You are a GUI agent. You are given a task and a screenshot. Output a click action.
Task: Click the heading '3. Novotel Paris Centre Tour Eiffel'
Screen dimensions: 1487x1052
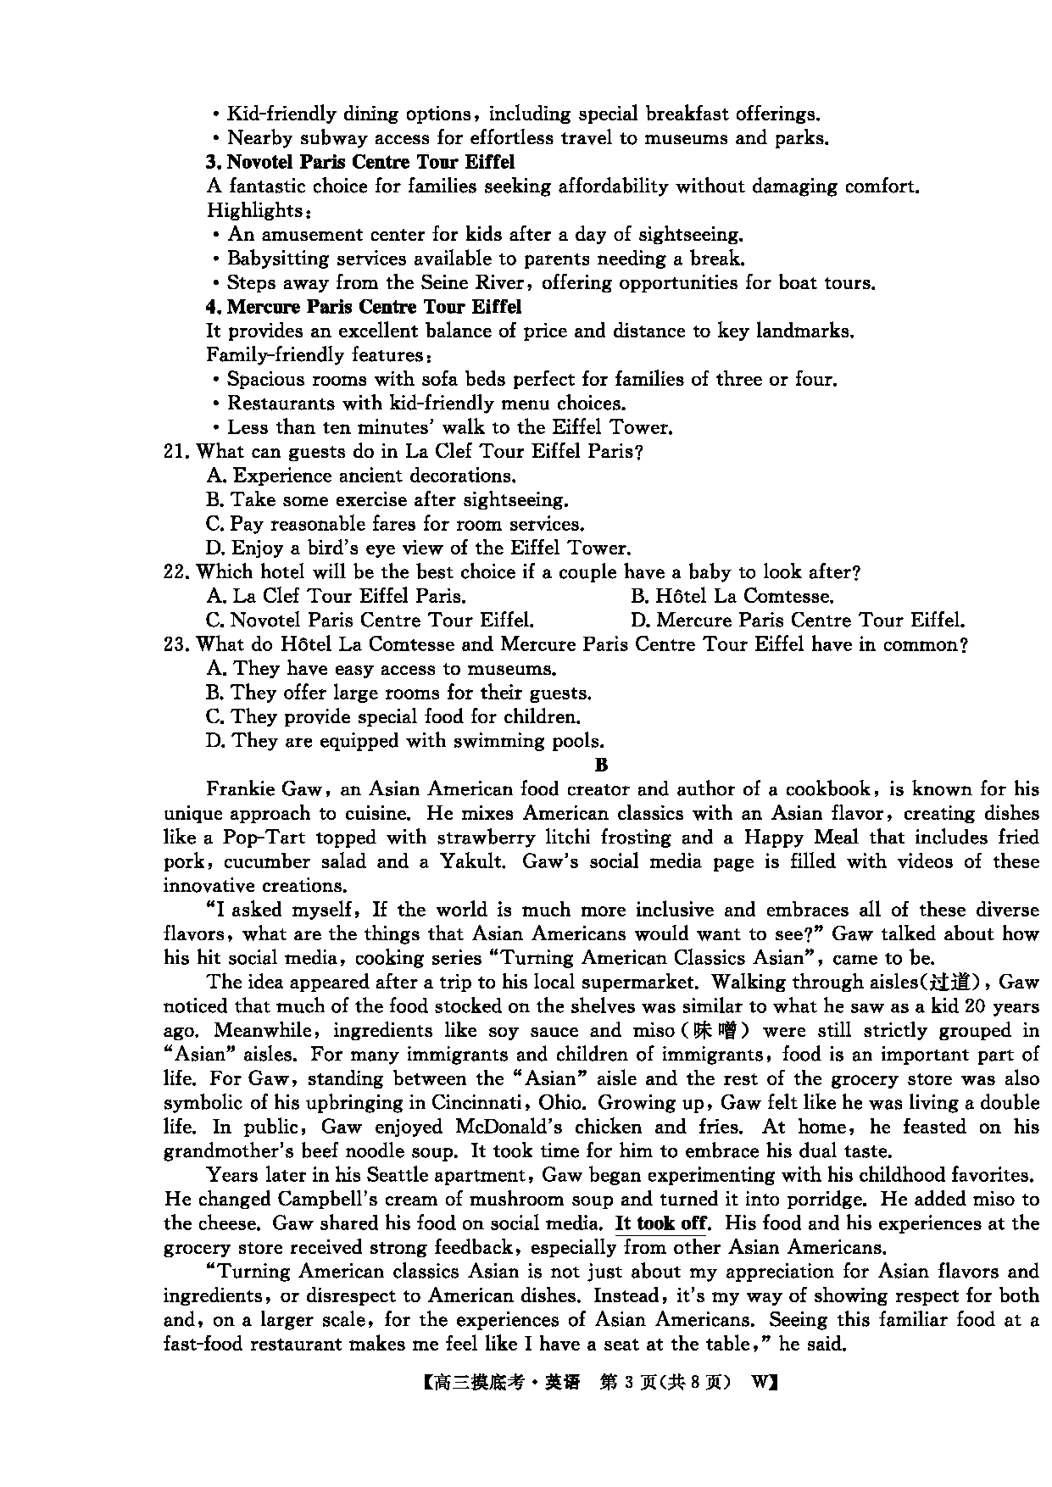click(360, 162)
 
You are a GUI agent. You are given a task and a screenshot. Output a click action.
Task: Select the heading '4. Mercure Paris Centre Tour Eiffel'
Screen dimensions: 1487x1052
click(364, 307)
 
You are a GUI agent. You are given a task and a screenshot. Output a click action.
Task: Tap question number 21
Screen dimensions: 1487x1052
click(175, 452)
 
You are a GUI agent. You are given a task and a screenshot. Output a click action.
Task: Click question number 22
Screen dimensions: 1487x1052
click(175, 573)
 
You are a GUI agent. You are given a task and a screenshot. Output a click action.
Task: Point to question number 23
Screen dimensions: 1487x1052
click(175, 645)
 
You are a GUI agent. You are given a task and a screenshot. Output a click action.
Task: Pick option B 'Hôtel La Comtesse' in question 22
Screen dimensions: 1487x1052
click(732, 597)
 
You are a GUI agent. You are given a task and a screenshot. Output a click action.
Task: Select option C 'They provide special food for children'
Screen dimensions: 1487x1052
click(393, 717)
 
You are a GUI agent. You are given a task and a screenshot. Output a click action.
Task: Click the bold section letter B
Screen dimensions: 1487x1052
click(601, 766)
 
